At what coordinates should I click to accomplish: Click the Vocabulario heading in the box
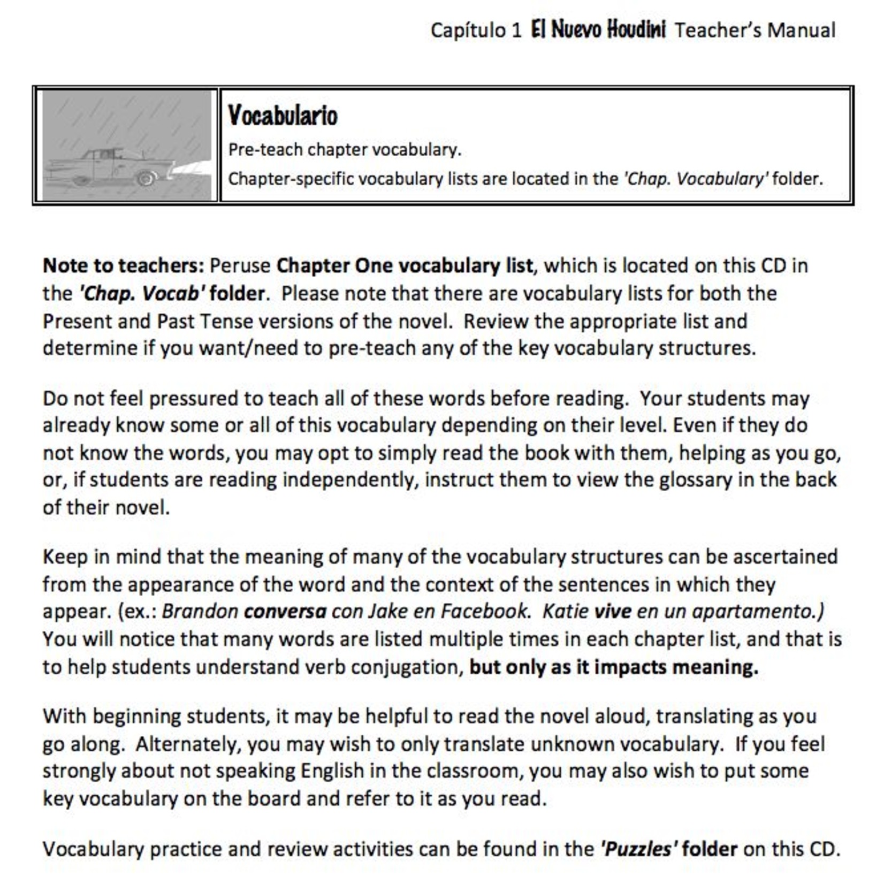[x=283, y=116]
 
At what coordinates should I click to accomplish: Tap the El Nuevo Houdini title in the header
[x=598, y=29]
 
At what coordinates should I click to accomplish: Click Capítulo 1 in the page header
[x=475, y=31]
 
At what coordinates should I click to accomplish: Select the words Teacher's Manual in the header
[x=755, y=31]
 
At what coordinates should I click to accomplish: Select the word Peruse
[x=240, y=266]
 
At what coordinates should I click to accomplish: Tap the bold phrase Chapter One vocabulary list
[x=405, y=266]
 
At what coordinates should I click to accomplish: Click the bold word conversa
[x=285, y=612]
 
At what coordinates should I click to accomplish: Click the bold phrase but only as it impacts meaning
[x=613, y=667]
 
